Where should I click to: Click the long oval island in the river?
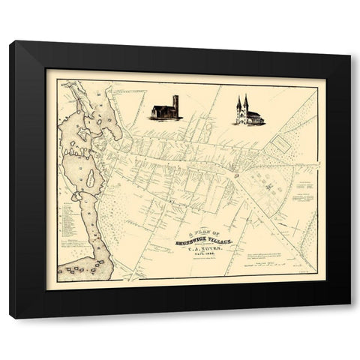point(85,180)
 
